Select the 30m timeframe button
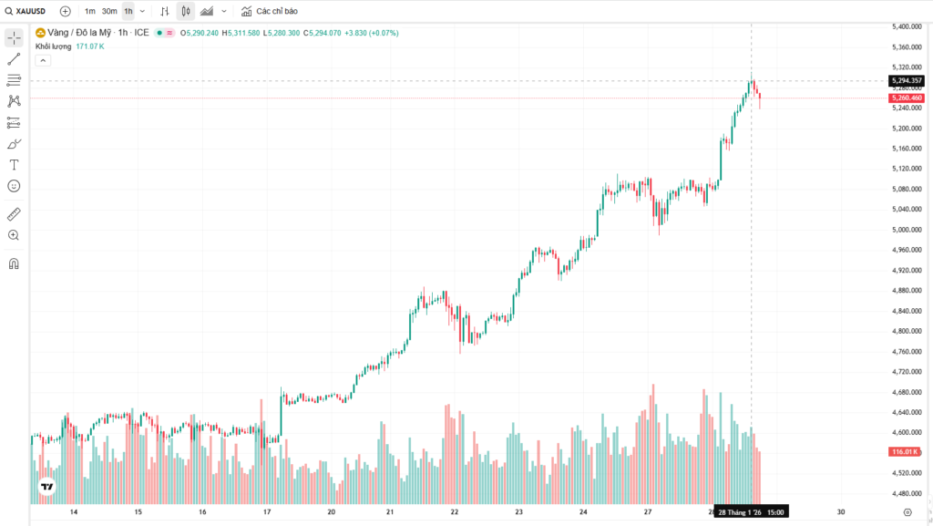point(109,11)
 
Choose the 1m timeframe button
point(90,11)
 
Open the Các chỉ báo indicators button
point(270,11)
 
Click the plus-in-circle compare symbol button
point(65,11)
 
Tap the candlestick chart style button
point(186,11)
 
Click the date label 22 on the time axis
point(454,511)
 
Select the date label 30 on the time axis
point(841,511)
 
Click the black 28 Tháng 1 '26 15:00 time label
point(751,511)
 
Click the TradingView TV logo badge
point(46,488)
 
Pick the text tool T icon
point(14,165)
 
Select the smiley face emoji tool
point(14,186)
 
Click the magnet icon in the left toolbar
point(14,264)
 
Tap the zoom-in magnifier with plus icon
point(14,235)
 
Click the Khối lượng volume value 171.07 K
point(90,46)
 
